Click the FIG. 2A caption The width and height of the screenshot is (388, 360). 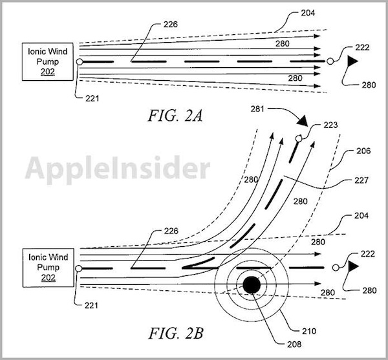point(175,116)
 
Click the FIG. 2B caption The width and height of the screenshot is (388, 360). point(176,333)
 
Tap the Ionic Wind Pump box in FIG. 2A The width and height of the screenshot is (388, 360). point(48,62)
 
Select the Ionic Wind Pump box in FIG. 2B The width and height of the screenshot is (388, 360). point(48,268)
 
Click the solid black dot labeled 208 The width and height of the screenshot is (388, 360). point(252,285)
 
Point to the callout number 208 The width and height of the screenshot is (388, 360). point(294,344)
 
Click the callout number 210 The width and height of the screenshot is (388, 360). point(309,331)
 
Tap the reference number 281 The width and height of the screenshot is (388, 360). point(257,109)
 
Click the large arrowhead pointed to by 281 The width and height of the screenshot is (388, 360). point(303,121)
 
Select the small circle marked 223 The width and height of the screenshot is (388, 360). point(299,138)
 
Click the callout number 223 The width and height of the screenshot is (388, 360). point(330,125)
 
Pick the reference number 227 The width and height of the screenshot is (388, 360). point(361,180)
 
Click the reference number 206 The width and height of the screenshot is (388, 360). point(363,151)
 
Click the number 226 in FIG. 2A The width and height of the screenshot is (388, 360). point(171,24)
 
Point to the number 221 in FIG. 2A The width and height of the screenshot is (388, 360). point(92,98)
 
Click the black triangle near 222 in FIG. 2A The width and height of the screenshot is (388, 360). point(352,61)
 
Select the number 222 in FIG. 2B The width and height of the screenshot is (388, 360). point(368,254)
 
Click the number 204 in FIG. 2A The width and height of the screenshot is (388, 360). point(308,13)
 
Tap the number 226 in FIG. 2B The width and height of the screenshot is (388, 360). point(171,231)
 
